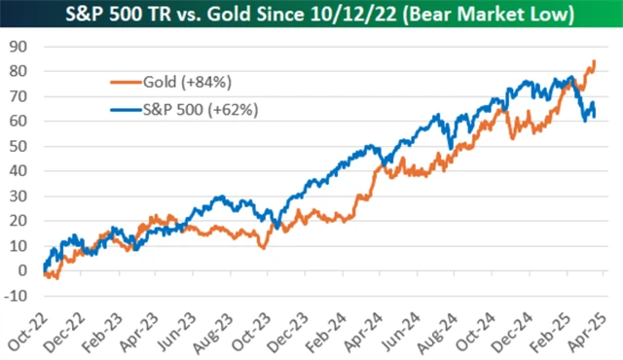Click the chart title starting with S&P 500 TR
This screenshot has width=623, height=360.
click(311, 15)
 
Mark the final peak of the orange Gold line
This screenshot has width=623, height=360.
click(594, 61)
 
